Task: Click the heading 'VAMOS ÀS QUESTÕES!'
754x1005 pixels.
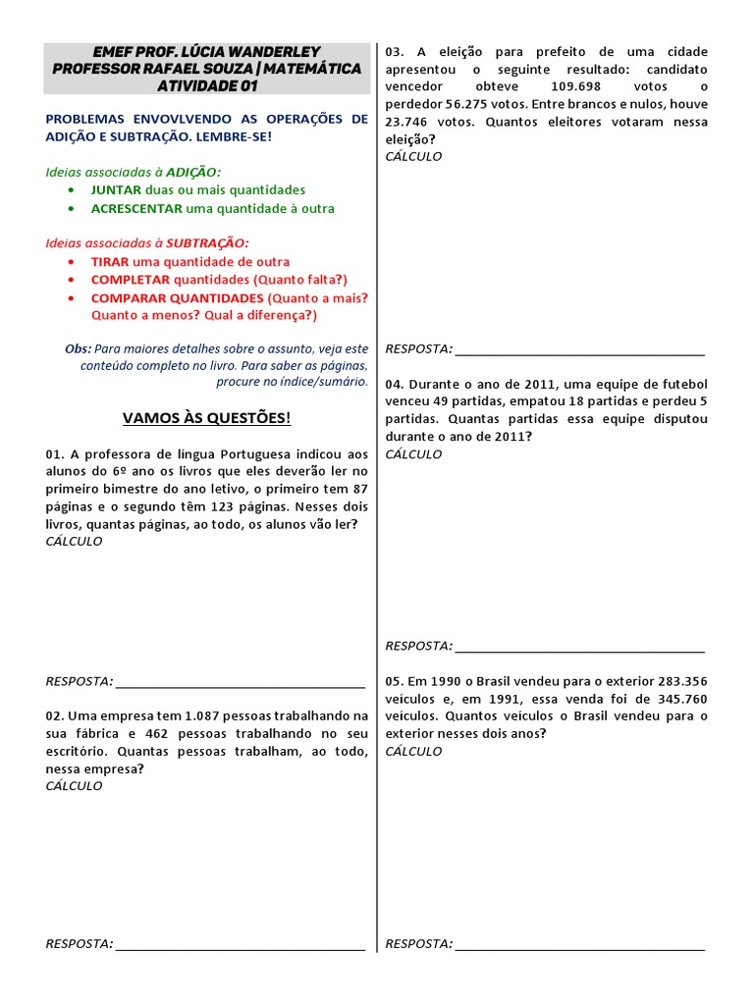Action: pos(206,418)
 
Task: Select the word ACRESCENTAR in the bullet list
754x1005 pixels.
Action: pos(136,208)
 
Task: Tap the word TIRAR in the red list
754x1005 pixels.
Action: pos(110,262)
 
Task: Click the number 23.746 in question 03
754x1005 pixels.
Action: pos(413,122)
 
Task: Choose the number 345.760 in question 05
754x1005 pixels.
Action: pos(682,699)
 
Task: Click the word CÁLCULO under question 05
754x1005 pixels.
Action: pos(413,751)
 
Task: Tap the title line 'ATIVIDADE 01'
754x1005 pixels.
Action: pos(206,85)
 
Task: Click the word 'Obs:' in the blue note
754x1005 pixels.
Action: pos(78,348)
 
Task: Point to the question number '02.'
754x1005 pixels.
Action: pos(54,716)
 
